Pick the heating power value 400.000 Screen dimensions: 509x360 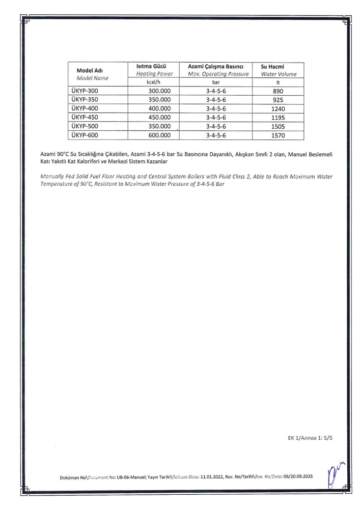[x=156, y=108]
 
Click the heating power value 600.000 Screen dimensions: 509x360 [x=156, y=135]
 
